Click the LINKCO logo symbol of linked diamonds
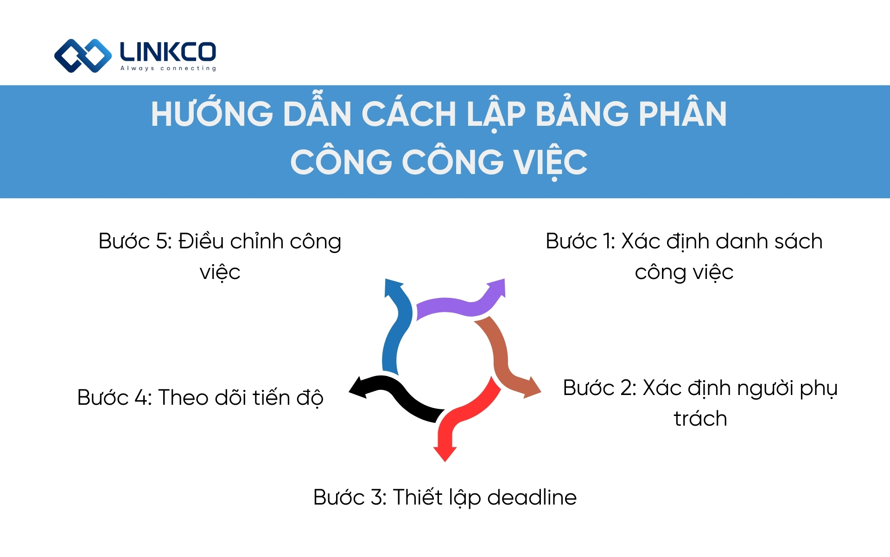point(83,56)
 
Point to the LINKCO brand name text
point(168,52)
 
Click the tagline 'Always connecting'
point(168,68)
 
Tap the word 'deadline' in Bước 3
point(532,497)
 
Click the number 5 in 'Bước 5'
point(161,241)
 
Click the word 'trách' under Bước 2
point(700,419)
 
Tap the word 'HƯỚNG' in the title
point(212,114)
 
